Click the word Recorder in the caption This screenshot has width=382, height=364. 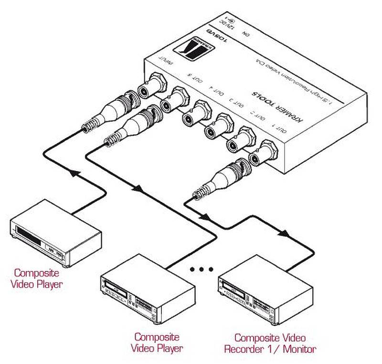(x=248, y=349)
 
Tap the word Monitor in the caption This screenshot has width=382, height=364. (x=299, y=349)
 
